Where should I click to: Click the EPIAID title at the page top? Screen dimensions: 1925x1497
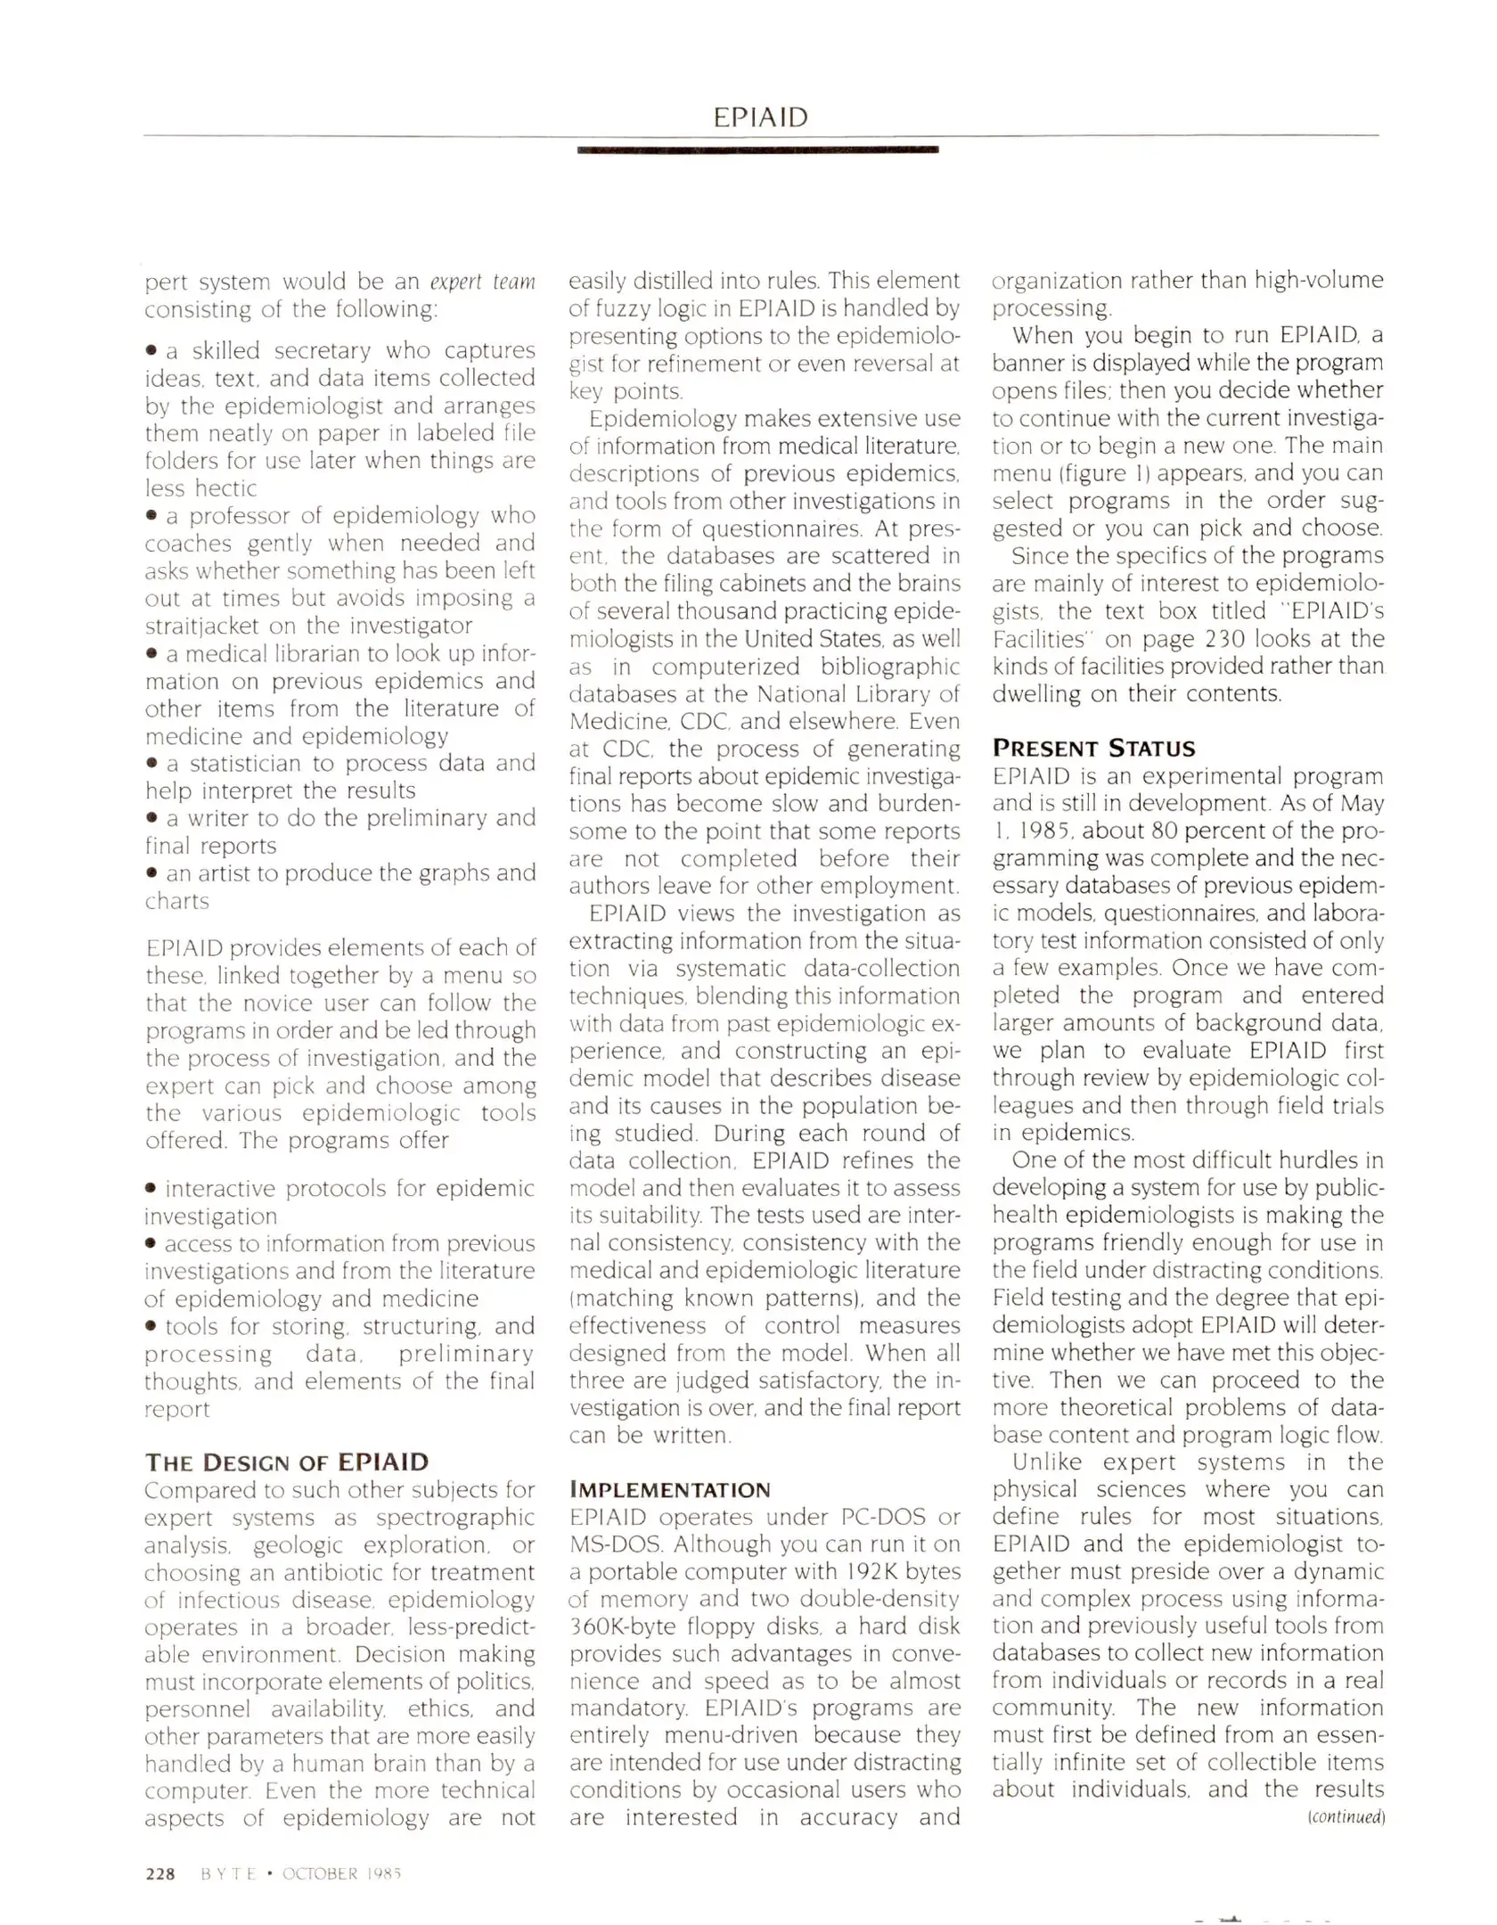[x=760, y=117]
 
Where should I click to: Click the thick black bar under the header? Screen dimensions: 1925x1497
[x=757, y=150]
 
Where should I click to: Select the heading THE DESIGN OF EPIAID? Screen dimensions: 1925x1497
[x=286, y=1462]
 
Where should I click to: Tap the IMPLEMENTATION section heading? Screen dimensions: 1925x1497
[x=669, y=1490]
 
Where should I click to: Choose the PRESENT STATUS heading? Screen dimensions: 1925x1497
[x=1093, y=748]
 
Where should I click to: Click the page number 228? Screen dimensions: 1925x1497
[x=160, y=1874]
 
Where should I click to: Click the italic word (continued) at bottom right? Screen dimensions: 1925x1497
[x=1346, y=1817]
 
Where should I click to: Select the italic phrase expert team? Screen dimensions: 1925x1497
[x=482, y=282]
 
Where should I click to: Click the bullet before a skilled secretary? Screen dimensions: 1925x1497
[x=152, y=351]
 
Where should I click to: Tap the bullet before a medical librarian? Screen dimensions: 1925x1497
[x=152, y=654]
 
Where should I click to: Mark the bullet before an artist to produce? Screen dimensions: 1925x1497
[x=152, y=873]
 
